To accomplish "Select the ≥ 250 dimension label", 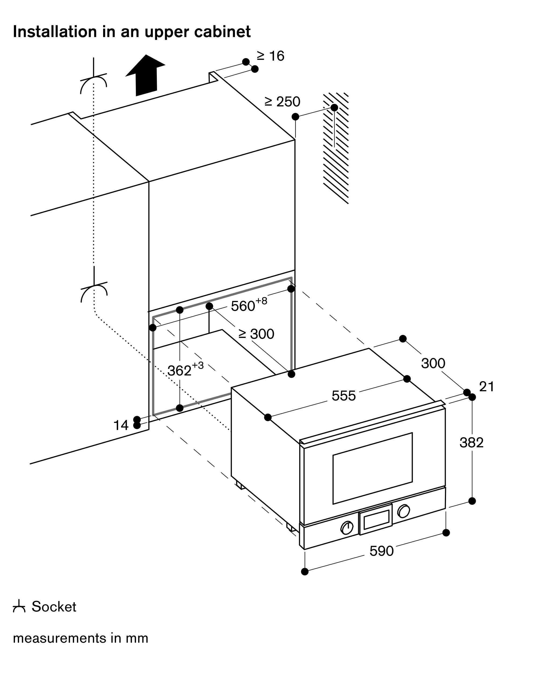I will [x=282, y=102].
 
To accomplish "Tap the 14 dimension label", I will [x=121, y=426].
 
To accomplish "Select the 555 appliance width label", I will [x=344, y=396].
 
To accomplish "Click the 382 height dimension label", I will [x=471, y=443].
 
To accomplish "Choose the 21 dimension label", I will [x=487, y=387].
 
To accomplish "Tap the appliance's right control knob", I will [x=403, y=511].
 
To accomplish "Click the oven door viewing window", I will [x=373, y=468].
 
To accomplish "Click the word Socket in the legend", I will [x=54, y=607].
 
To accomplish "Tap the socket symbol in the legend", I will [x=19, y=607].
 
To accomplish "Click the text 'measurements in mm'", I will [x=81, y=638].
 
